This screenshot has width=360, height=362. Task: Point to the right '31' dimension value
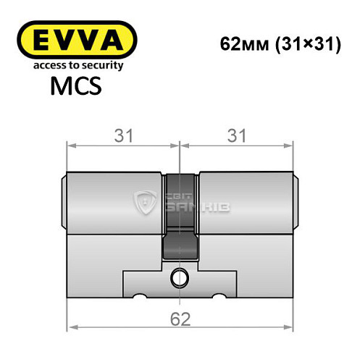pos(237,135)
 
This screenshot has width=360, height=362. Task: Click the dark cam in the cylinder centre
pos(180,217)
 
